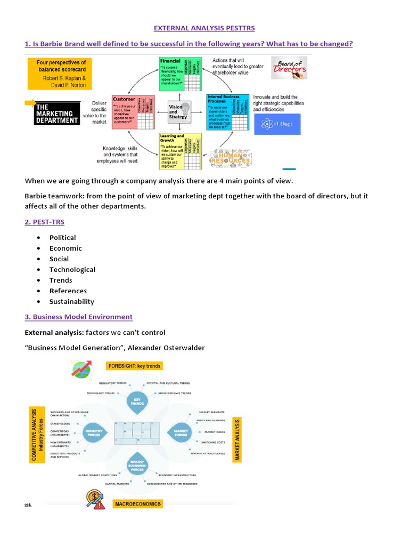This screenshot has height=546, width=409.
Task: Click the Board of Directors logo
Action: click(289, 68)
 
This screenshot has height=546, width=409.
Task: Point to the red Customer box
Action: click(133, 112)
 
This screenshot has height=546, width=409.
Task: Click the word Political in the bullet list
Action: click(63, 238)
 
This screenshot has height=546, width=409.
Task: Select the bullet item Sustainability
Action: click(72, 302)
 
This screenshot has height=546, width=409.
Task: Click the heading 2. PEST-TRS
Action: click(45, 221)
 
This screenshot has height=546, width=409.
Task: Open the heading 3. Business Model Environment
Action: click(78, 317)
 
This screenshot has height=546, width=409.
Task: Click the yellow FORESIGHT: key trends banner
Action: click(134, 366)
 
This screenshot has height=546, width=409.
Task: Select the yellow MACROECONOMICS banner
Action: click(138, 504)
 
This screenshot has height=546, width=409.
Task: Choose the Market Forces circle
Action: click(180, 431)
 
